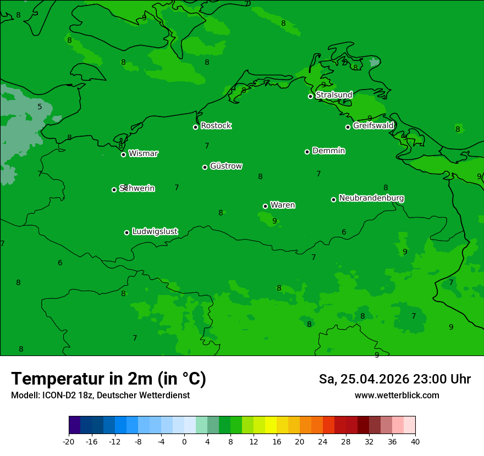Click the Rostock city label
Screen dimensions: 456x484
tap(216, 126)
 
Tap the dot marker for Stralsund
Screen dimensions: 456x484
tap(310, 96)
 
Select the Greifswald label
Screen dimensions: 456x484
tap(373, 126)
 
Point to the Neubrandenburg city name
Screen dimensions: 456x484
tap(371, 198)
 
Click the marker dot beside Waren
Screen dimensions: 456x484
tap(265, 206)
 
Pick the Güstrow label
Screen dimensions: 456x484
tap(226, 166)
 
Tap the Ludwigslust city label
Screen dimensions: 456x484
tap(155, 232)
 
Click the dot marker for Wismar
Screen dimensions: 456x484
tap(123, 154)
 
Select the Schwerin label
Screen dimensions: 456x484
tap(137, 188)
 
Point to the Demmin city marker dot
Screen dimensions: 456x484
tap(307, 152)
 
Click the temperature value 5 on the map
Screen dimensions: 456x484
tap(40, 107)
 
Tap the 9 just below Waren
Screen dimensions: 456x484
tap(274, 221)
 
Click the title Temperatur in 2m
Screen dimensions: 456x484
tap(108, 379)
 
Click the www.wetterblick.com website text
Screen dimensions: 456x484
tap(397, 395)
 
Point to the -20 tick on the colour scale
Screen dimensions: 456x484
tap(69, 441)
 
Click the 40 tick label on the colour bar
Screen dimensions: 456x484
tap(415, 441)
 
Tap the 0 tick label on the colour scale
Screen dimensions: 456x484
tap(184, 441)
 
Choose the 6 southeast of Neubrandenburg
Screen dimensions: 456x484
tap(344, 232)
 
